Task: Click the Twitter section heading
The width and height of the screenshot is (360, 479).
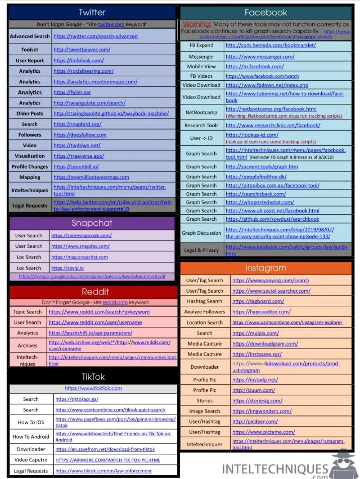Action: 92,12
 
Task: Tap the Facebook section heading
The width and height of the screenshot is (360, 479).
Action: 266,12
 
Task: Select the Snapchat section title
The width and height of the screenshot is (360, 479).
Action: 92,223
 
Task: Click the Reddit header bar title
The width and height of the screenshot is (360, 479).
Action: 95,292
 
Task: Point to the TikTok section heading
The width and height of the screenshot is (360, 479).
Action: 93,377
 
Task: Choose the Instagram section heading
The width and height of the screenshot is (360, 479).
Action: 266,268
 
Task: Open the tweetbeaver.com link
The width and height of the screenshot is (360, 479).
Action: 82,50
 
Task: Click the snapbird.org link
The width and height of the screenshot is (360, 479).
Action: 77,124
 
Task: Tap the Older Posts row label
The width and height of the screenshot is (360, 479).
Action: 30,114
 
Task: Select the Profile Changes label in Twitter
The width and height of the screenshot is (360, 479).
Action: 30,167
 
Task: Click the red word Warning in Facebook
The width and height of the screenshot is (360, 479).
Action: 197,24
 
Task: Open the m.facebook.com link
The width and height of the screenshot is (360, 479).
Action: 254,67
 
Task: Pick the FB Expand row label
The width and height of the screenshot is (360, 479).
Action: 201,46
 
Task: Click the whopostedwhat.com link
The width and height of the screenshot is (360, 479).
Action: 260,202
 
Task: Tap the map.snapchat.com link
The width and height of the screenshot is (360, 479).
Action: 80,257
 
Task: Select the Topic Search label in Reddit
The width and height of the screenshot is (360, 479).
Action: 27,312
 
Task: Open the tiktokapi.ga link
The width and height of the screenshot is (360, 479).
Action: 77,399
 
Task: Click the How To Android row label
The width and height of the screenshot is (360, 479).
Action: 31,437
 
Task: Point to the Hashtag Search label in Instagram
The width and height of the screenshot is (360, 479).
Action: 205,301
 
